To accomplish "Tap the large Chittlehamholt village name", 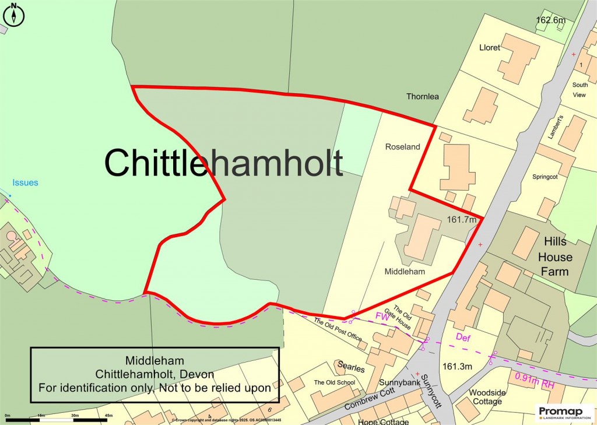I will tap(223, 162).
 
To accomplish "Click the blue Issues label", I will tap(25, 182).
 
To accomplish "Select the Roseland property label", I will tap(402, 147).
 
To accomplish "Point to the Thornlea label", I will tap(423, 96).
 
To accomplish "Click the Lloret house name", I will tap(489, 48).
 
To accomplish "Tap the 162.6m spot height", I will tap(551, 20).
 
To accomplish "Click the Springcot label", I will tap(545, 177).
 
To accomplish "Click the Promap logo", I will tap(564, 413).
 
